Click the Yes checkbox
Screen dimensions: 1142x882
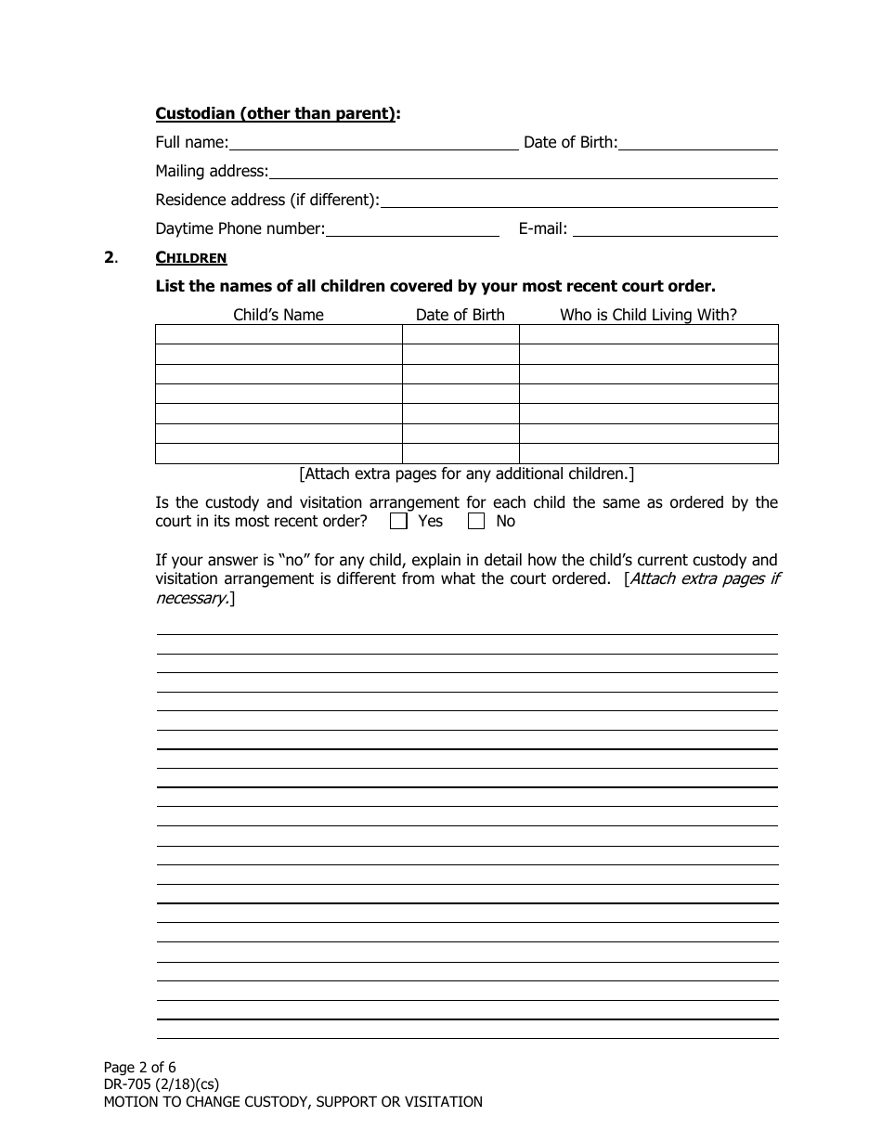399,522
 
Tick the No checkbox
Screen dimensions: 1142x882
476,522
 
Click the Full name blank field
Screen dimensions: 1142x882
373,142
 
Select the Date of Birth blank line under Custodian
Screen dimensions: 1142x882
697,142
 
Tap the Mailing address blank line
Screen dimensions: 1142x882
523,171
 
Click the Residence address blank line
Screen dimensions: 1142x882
578,200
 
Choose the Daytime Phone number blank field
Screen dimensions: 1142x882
412,228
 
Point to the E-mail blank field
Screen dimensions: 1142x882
675,228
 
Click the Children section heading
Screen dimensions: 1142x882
190,257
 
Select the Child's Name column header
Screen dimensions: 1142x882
279,315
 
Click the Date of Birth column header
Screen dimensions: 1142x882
460,315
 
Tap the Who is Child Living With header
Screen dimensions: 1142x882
648,315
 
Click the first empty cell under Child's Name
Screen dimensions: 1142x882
279,334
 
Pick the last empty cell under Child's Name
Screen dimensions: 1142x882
279,453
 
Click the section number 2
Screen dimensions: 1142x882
109,257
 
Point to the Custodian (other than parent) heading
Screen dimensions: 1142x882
278,113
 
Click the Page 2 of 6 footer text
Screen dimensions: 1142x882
139,1068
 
